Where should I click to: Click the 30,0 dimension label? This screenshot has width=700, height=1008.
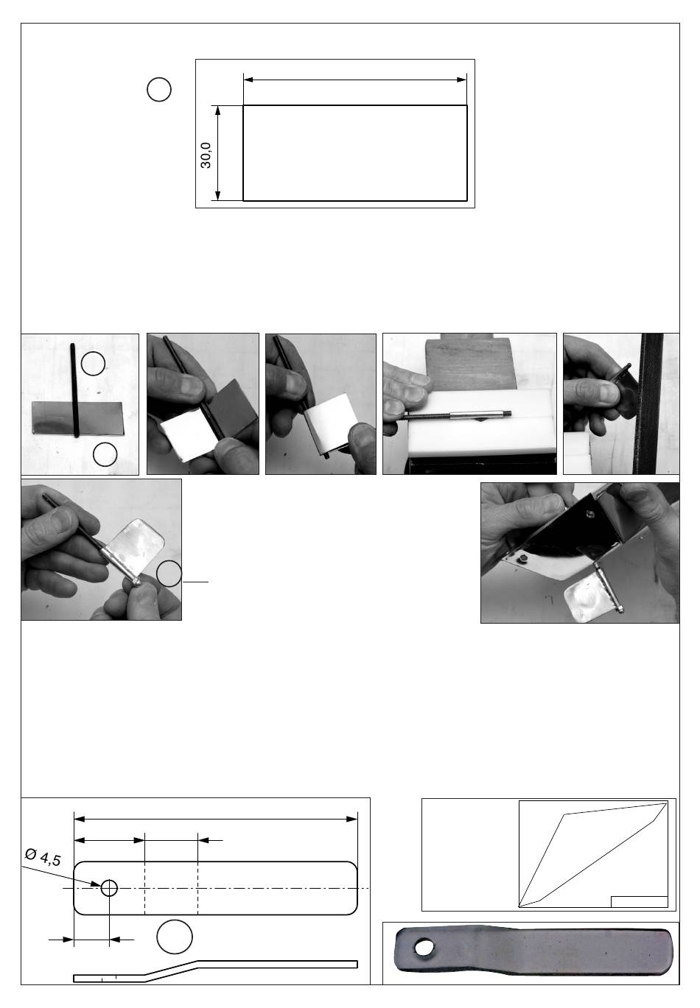(x=206, y=155)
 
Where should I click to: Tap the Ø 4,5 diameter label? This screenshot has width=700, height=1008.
(x=43, y=857)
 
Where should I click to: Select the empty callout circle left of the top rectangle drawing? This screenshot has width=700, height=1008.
(x=159, y=89)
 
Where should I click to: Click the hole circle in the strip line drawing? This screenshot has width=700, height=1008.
(x=110, y=888)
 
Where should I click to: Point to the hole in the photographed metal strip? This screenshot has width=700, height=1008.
(x=423, y=947)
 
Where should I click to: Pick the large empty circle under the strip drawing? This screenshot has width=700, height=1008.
(x=175, y=937)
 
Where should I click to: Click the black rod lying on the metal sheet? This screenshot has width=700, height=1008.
(x=74, y=390)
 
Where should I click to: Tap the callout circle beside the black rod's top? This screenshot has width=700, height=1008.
(x=94, y=363)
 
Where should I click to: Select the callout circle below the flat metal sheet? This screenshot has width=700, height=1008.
(x=105, y=454)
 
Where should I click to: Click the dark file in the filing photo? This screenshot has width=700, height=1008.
(x=649, y=403)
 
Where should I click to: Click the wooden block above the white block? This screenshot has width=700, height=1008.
(x=469, y=364)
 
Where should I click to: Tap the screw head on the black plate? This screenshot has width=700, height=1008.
(x=589, y=512)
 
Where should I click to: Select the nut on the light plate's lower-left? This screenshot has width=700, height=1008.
(x=523, y=559)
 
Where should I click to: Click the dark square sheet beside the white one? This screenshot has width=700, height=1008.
(x=234, y=406)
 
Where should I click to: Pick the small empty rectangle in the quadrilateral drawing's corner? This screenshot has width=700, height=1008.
(x=639, y=902)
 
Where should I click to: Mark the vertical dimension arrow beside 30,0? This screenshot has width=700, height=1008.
(x=217, y=153)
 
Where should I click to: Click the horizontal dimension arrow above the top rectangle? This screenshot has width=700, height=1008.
(x=355, y=80)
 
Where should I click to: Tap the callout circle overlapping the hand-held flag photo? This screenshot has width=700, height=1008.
(x=169, y=574)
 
